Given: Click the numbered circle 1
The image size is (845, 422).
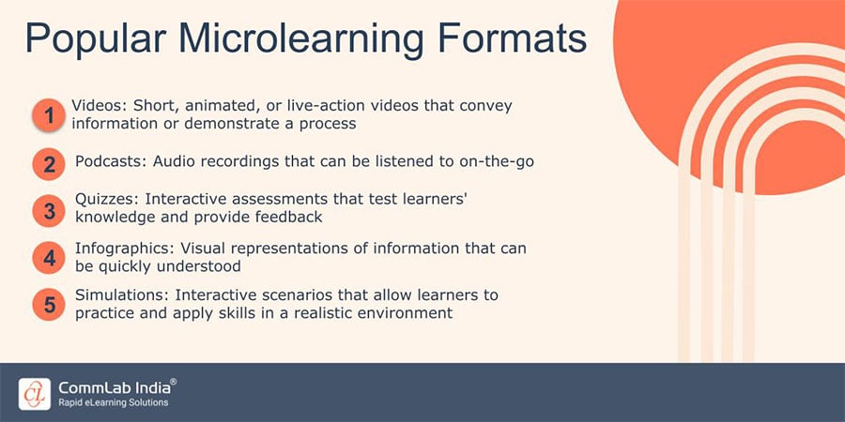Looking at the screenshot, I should pyautogui.click(x=48, y=115).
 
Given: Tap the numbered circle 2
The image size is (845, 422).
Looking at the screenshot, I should pyautogui.click(x=48, y=165).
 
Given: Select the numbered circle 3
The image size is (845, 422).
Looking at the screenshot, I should pyautogui.click(x=48, y=210).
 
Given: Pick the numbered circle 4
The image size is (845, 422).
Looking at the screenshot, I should pyautogui.click(x=48, y=257).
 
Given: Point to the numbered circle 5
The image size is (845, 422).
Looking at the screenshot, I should pyautogui.click(x=48, y=305).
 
